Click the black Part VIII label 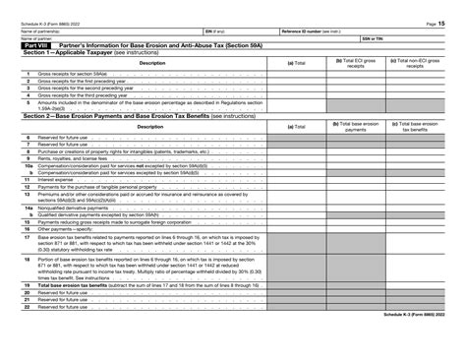35,45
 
